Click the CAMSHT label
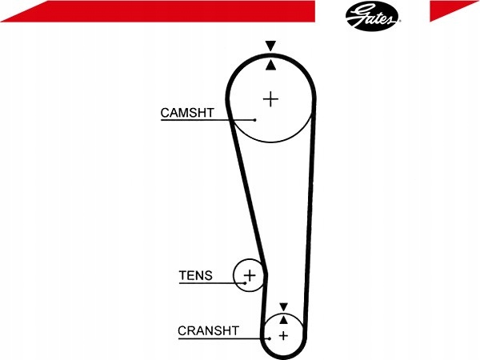[186, 113]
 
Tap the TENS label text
[195, 276]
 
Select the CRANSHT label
[208, 330]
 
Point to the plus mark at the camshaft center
[271, 99]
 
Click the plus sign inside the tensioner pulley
[250, 276]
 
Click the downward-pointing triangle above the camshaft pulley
[271, 46]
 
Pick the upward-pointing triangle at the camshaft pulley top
[271, 64]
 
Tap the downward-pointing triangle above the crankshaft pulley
[282, 306]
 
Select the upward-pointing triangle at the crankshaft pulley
[282, 318]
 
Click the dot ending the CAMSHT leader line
[254, 119]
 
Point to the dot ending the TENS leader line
[246, 283]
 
